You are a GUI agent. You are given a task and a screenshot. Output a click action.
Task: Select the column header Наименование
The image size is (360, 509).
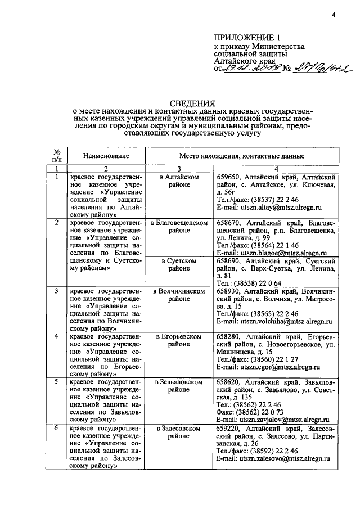tap(106, 156)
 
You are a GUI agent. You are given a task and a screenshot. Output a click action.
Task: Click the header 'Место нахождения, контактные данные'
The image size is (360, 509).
tap(242, 156)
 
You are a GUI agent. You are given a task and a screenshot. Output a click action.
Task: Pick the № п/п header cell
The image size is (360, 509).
tap(57, 156)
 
